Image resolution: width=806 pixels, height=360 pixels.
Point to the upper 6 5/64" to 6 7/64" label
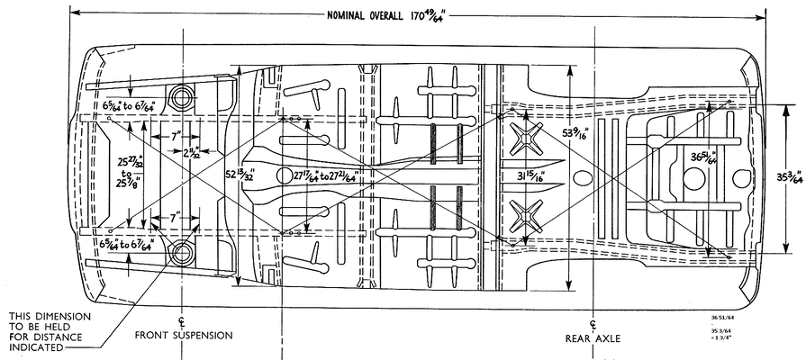pos(128,106)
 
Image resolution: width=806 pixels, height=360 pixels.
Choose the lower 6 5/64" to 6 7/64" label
pos(128,244)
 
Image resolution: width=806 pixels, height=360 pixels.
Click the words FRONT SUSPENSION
pos(184,335)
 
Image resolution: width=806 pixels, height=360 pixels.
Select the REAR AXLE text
pos(593,338)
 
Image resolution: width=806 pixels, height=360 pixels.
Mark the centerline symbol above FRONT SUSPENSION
pos(183,320)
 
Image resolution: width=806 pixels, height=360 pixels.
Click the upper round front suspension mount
pos(184,96)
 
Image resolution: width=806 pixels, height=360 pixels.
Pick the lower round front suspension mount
pos(184,252)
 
